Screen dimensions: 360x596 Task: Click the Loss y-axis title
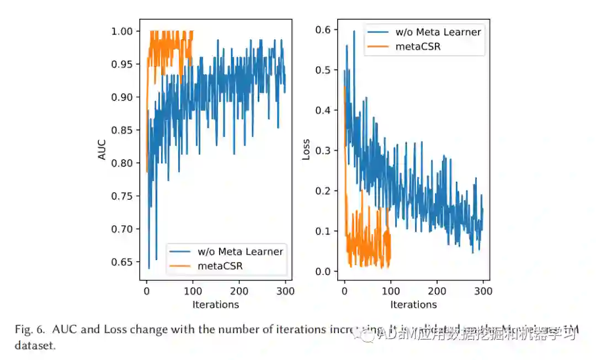(x=306, y=150)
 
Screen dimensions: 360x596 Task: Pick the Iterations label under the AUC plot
(x=215, y=304)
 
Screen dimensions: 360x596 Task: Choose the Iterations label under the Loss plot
(x=413, y=304)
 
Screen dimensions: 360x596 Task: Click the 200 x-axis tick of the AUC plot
(x=239, y=291)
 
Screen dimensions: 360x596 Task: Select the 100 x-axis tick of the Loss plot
(x=391, y=291)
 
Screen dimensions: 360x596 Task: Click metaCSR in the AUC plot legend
(x=220, y=266)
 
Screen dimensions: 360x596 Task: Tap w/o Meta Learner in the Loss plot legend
(x=438, y=32)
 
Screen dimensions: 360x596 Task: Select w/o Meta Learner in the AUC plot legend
(x=240, y=252)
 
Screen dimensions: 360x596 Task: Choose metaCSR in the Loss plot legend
(x=418, y=46)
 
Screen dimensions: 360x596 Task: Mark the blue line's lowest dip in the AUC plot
(x=149, y=268)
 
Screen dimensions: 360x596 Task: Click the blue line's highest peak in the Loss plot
(x=354, y=31)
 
